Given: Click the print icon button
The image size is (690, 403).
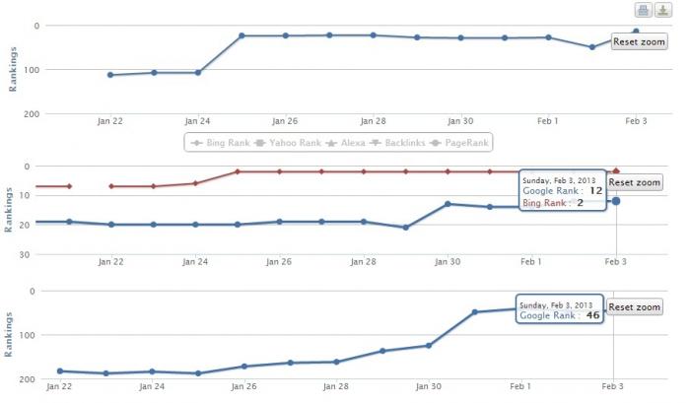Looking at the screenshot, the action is [643, 10].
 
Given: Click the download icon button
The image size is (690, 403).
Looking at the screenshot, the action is [663, 10].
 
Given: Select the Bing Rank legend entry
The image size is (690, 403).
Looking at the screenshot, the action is [221, 143].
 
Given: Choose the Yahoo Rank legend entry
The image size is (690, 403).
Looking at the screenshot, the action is [288, 143].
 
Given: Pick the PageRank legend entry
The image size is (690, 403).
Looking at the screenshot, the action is [459, 143].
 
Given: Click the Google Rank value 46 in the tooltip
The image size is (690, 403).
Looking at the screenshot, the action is [592, 315].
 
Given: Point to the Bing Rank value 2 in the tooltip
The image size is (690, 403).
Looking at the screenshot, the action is [580, 203].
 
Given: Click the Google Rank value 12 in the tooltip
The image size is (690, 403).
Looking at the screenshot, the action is [595, 190].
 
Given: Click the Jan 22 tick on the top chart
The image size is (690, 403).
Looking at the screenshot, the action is [110, 121].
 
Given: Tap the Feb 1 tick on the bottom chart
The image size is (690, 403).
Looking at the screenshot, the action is [520, 386].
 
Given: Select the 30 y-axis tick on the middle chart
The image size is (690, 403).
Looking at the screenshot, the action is [25, 254].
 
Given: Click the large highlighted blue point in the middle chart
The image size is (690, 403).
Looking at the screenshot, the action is [616, 201].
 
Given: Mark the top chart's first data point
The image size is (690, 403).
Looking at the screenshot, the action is [110, 75].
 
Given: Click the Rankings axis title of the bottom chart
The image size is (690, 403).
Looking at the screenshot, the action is [8, 335].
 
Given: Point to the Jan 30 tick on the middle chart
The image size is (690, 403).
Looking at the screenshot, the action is [448, 262].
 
